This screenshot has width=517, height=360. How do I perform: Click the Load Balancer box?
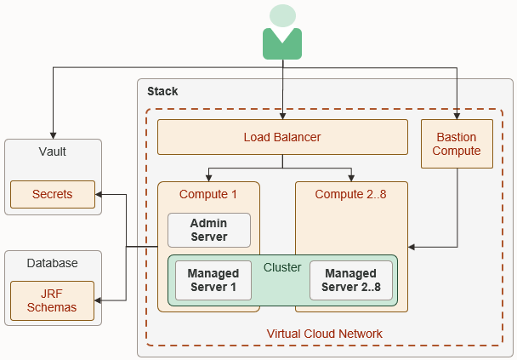click(x=282, y=137)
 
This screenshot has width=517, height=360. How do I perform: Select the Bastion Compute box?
click(x=457, y=144)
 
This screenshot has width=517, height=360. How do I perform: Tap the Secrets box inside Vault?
click(x=52, y=194)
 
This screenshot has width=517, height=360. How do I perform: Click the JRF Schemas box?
click(x=52, y=300)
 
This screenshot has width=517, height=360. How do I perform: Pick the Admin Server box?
click(x=209, y=230)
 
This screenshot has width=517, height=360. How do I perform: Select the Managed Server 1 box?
click(x=213, y=280)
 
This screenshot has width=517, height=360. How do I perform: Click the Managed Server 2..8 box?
click(x=349, y=280)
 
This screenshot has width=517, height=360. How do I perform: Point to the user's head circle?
click(x=282, y=15)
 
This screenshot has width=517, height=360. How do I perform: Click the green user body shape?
click(x=282, y=44)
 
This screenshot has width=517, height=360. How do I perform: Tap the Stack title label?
click(x=162, y=91)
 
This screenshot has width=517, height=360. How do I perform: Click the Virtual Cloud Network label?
click(x=324, y=334)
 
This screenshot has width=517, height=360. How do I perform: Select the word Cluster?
click(x=281, y=267)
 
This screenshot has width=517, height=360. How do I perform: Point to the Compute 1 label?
click(x=208, y=194)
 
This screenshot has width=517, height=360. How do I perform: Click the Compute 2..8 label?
click(x=350, y=194)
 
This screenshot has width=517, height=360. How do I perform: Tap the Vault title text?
click(x=52, y=151)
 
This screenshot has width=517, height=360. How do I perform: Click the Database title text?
click(x=52, y=263)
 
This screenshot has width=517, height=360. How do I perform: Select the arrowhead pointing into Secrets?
click(x=99, y=195)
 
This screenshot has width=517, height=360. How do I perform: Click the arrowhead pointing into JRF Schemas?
click(x=99, y=300)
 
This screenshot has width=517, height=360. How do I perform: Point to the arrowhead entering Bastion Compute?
click(x=457, y=116)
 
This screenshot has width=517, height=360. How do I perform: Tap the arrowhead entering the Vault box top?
click(x=53, y=134)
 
